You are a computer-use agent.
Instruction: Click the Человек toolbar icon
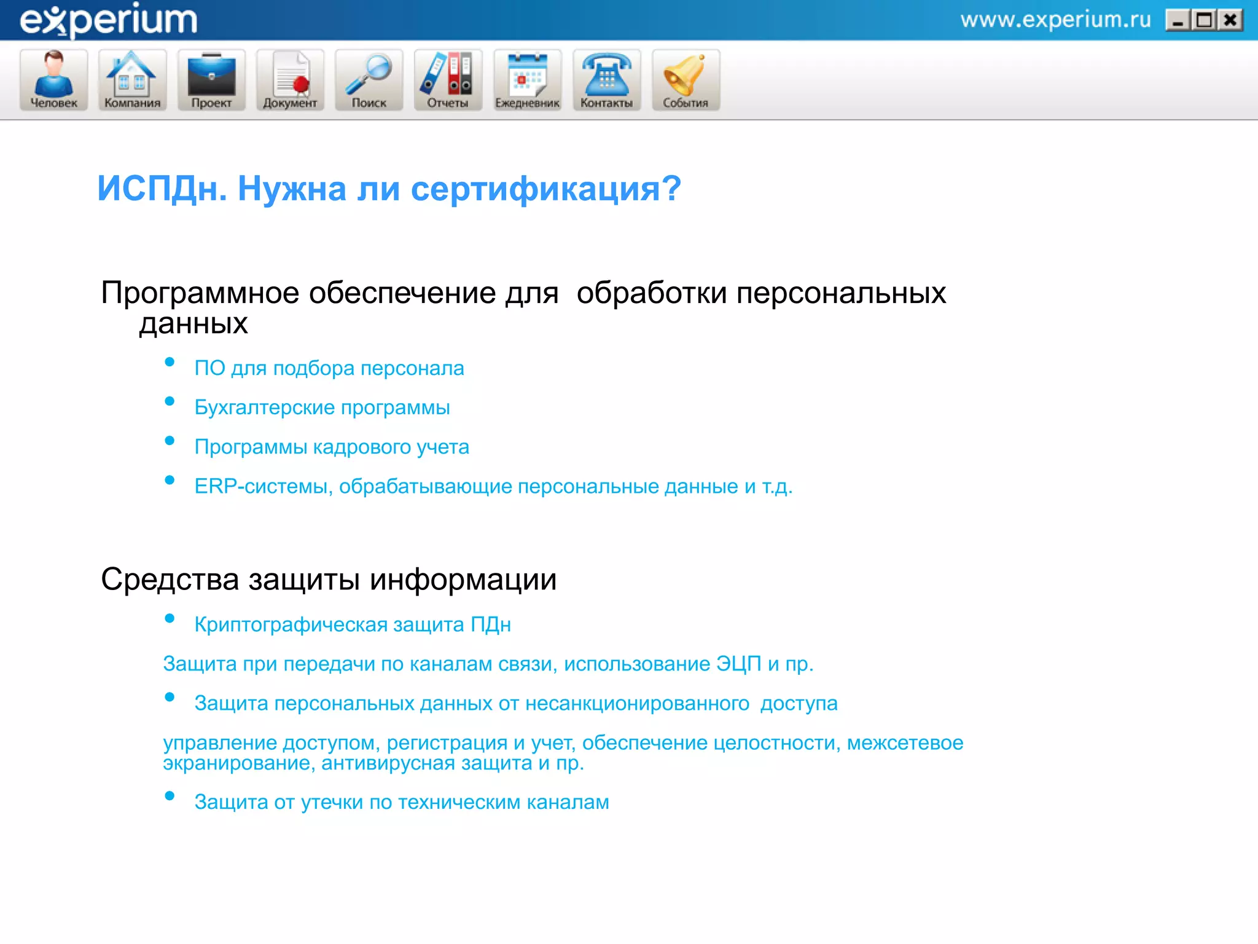[54, 80]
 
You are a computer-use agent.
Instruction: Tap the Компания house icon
[132, 80]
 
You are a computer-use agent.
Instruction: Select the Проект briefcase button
[211, 80]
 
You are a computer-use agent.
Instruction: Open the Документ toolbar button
[290, 80]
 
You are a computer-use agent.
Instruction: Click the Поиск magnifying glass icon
[369, 80]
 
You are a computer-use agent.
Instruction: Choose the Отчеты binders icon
[448, 80]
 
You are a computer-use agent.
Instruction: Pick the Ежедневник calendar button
[527, 80]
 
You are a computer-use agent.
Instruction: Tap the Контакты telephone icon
[606, 80]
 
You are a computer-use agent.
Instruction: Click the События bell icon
[686, 80]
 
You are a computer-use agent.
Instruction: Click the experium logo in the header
[109, 20]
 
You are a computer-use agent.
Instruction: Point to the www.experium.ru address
[1055, 20]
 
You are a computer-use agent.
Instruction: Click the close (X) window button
[1230, 21]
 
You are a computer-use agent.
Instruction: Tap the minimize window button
[1178, 21]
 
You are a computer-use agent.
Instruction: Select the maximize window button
[1204, 21]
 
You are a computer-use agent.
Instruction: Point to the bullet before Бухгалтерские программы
[170, 401]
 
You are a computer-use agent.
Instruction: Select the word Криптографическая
[291, 624]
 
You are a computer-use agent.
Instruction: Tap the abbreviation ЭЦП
[738, 664]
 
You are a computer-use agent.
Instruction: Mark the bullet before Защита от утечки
[170, 796]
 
